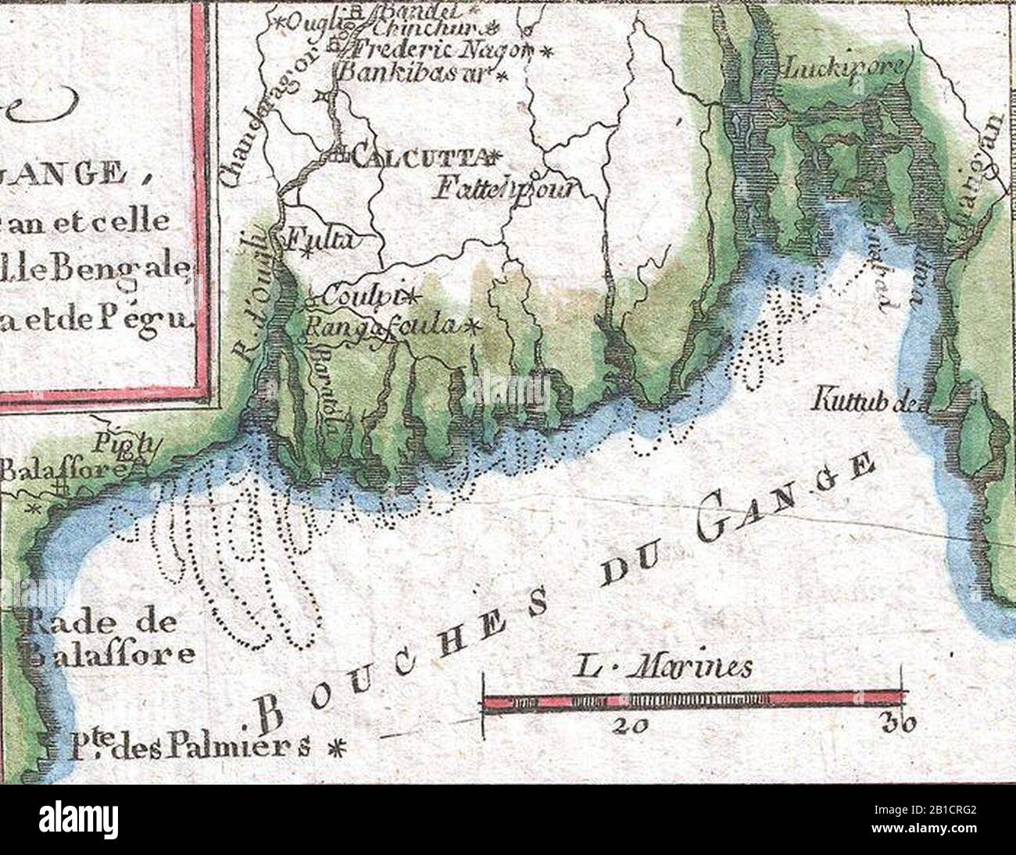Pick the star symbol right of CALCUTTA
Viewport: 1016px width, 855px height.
(x=494, y=156)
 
